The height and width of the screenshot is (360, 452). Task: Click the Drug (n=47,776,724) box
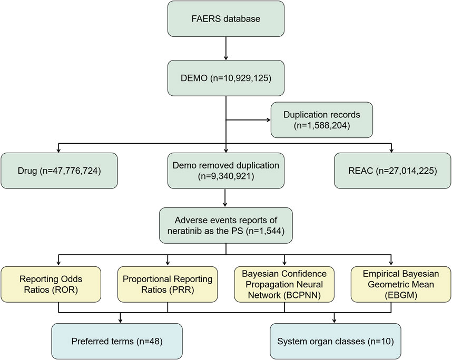click(58, 170)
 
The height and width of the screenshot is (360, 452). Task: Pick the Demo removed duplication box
click(226, 170)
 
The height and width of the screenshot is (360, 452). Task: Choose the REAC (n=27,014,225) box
click(392, 170)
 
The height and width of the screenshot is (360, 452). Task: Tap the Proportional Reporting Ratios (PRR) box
click(167, 284)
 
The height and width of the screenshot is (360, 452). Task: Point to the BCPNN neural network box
click(284, 284)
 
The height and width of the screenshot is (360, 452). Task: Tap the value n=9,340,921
click(226, 177)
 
